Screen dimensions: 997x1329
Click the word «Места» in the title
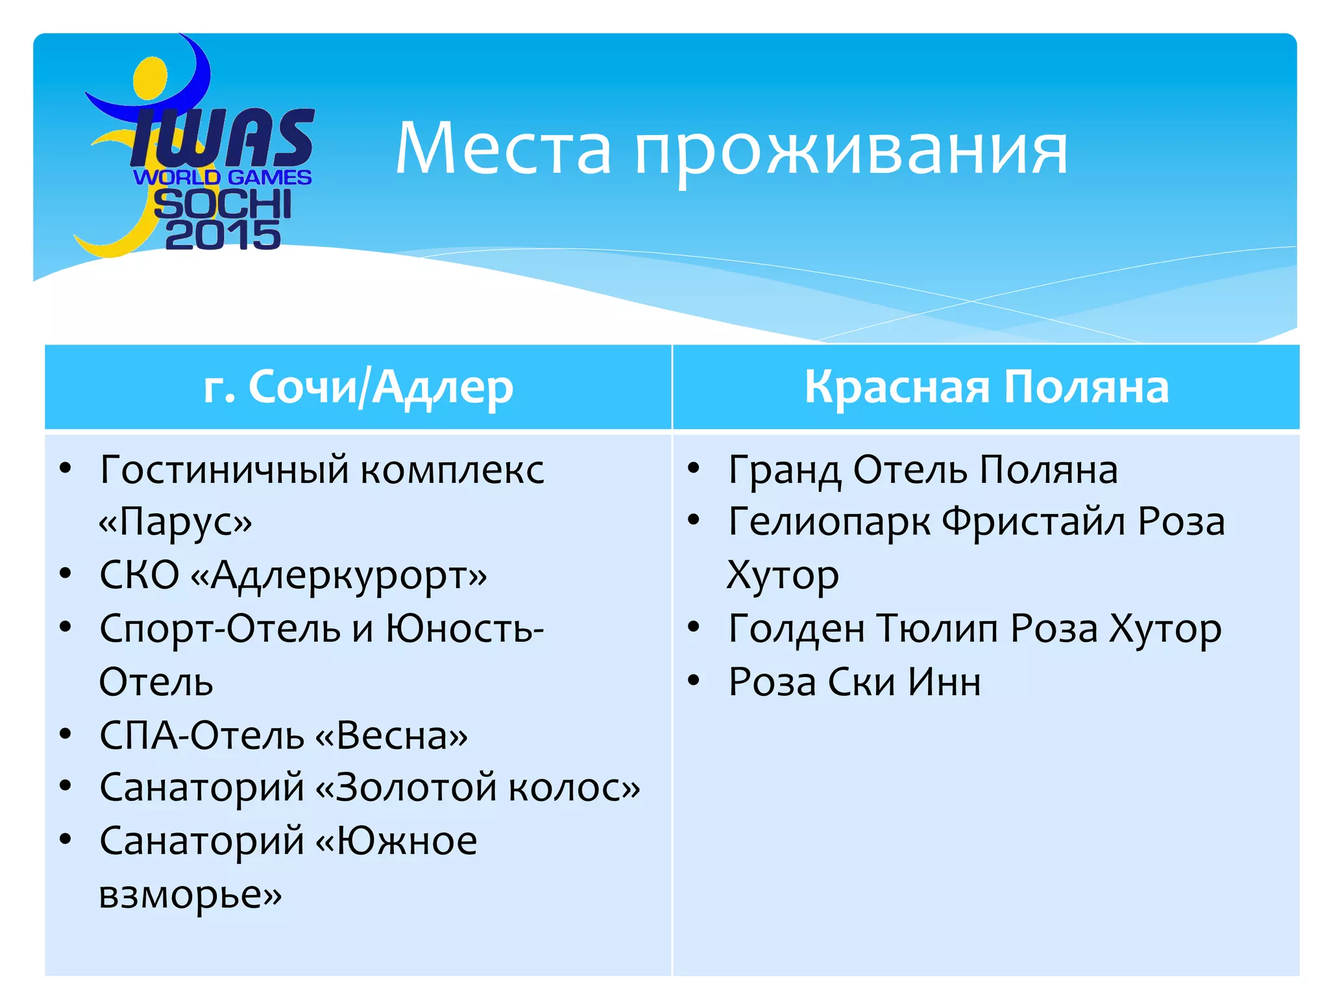503,149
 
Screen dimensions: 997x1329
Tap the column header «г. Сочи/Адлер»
358,387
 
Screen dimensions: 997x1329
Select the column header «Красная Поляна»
986,387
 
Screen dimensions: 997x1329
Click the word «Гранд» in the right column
785,470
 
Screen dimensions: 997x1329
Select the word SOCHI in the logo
223,204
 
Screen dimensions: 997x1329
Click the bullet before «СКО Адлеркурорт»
65,574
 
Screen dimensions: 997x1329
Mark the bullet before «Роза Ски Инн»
694,680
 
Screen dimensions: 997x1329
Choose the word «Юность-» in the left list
465,628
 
